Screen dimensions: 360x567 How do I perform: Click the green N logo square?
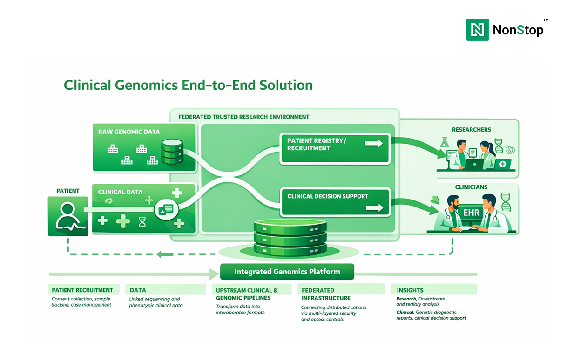click(478, 30)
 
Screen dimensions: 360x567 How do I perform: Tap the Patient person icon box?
click(68, 216)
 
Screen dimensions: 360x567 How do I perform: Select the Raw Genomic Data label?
click(129, 132)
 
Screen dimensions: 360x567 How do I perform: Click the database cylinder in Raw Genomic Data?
click(172, 152)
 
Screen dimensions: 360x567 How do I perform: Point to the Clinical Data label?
click(120, 192)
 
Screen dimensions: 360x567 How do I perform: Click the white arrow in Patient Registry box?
click(374, 144)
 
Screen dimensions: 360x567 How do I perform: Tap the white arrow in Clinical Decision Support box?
click(374, 207)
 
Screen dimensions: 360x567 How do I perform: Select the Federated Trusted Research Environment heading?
click(244, 117)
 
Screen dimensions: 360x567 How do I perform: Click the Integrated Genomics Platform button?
click(287, 272)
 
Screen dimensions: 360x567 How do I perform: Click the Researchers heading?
click(471, 129)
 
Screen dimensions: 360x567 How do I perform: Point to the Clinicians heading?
click(471, 187)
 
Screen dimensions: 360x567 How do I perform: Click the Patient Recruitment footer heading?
click(82, 290)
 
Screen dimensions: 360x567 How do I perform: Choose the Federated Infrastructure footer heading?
click(326, 294)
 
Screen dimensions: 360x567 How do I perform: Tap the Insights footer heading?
click(410, 290)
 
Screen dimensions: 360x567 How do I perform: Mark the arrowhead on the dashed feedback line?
click(159, 254)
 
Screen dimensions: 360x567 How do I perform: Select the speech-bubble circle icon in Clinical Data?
click(166, 209)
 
